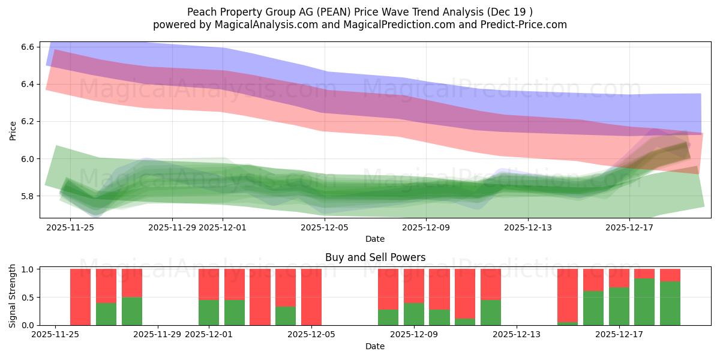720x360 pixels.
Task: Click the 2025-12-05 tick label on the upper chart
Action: tap(325, 227)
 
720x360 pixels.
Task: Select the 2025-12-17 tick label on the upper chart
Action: tap(629, 227)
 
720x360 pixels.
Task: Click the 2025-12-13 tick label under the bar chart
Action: tap(517, 334)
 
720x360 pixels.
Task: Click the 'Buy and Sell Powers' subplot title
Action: tap(375, 257)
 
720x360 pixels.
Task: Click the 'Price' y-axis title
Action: tap(13, 130)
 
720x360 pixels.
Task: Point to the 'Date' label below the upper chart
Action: tap(375, 239)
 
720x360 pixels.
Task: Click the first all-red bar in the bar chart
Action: tap(80, 297)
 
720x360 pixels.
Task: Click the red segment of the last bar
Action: tap(670, 275)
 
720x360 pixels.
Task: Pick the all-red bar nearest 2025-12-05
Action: tap(311, 297)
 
